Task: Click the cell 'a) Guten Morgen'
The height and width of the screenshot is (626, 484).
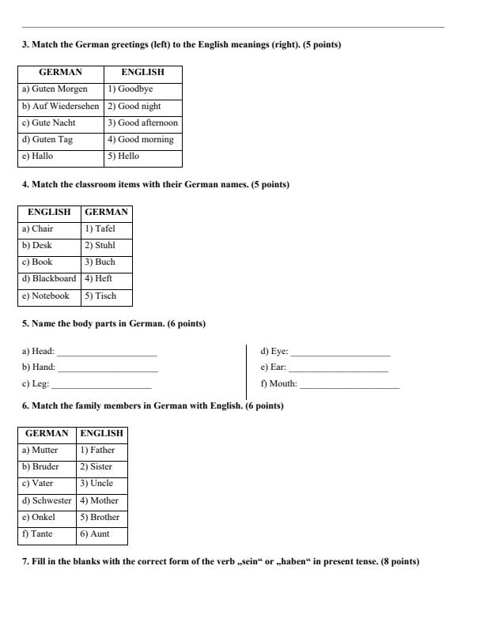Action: coord(61,89)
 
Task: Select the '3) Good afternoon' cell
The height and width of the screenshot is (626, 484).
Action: coord(143,123)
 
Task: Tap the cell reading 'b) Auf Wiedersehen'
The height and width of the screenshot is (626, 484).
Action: coord(61,106)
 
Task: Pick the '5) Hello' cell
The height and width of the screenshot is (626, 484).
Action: coord(143,156)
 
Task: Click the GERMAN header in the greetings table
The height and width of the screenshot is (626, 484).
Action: coord(61,73)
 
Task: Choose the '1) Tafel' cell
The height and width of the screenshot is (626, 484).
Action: coord(106,228)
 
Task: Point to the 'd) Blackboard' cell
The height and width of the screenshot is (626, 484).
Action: coord(49,279)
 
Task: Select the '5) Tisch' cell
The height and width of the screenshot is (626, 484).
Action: coord(106,296)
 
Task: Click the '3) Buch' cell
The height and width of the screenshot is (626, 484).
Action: coord(106,262)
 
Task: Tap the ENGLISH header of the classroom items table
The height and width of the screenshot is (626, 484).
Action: coord(49,212)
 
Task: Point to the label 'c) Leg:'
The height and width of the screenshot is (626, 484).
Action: coord(36,384)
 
